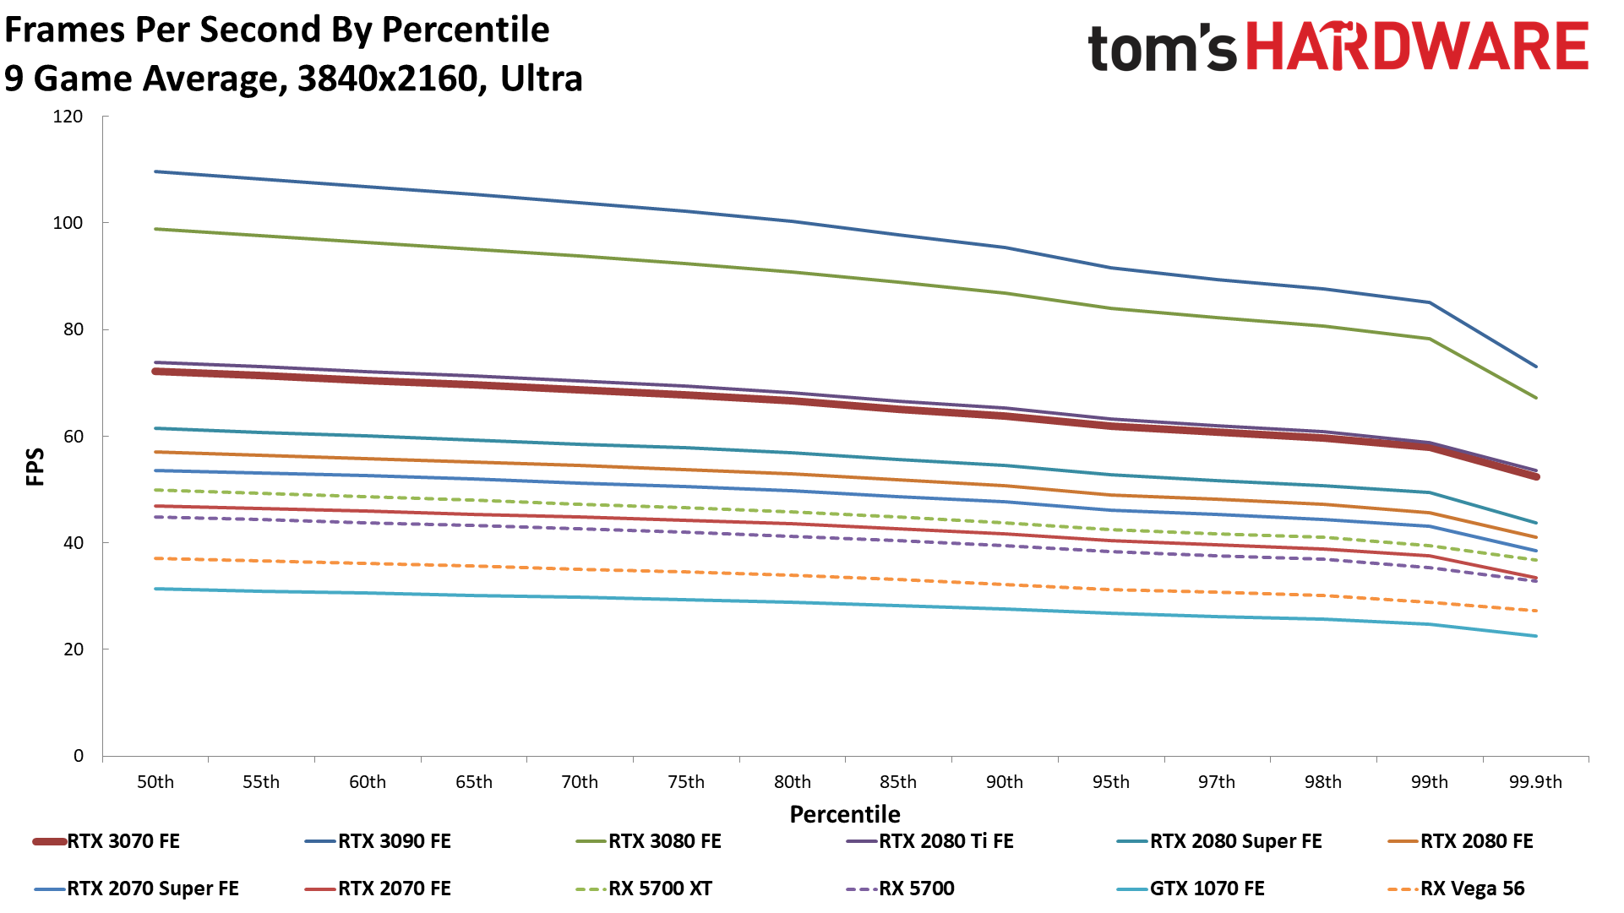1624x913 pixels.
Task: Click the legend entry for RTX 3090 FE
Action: click(394, 841)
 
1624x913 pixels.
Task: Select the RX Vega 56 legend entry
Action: click(1472, 889)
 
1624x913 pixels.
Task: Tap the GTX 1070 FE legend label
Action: click(1207, 889)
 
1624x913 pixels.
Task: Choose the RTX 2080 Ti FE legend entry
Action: click(946, 841)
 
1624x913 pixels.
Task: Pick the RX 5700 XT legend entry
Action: click(660, 889)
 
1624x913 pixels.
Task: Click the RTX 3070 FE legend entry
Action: click(123, 841)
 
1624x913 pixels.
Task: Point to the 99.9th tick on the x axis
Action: click(1535, 782)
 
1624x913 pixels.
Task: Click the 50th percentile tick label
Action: click(155, 782)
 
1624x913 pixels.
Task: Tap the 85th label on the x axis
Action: click(898, 782)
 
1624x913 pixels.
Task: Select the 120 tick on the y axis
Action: click(68, 117)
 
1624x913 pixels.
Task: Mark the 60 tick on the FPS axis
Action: click(74, 437)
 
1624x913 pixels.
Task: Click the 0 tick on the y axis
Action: click(79, 756)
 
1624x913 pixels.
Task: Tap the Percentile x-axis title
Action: click(845, 814)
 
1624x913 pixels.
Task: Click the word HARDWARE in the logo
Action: click(1417, 46)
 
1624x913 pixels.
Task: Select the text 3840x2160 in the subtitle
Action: click(387, 79)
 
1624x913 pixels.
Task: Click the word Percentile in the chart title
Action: click(466, 30)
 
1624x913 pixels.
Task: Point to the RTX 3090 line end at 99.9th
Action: click(1535, 367)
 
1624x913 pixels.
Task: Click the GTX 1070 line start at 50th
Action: click(156, 589)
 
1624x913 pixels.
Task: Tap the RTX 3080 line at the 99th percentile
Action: click(1430, 339)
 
